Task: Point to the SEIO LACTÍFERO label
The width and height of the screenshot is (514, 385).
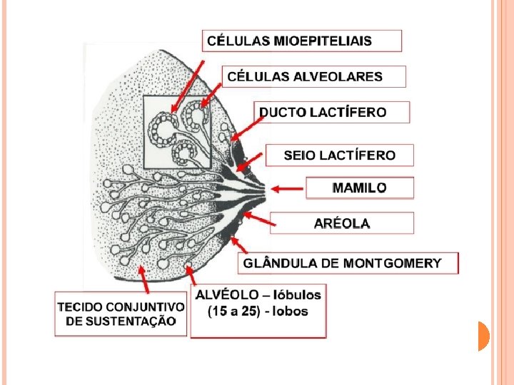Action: pyautogui.click(x=339, y=155)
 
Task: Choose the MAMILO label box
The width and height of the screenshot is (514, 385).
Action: pyautogui.click(x=360, y=188)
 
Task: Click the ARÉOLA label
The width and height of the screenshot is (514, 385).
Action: pyautogui.click(x=342, y=223)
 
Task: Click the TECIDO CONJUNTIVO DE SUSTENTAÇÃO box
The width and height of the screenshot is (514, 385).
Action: pyautogui.click(x=121, y=314)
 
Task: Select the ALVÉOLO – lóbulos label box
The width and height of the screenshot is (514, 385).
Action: pyautogui.click(x=258, y=312)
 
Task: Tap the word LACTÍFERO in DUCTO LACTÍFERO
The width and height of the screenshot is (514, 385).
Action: pyautogui.click(x=354, y=112)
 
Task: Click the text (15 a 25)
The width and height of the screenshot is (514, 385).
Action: pyautogui.click(x=231, y=312)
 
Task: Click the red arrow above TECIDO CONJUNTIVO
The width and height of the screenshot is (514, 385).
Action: pyautogui.click(x=143, y=279)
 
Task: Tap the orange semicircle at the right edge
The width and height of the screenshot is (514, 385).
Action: pyautogui.click(x=483, y=336)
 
